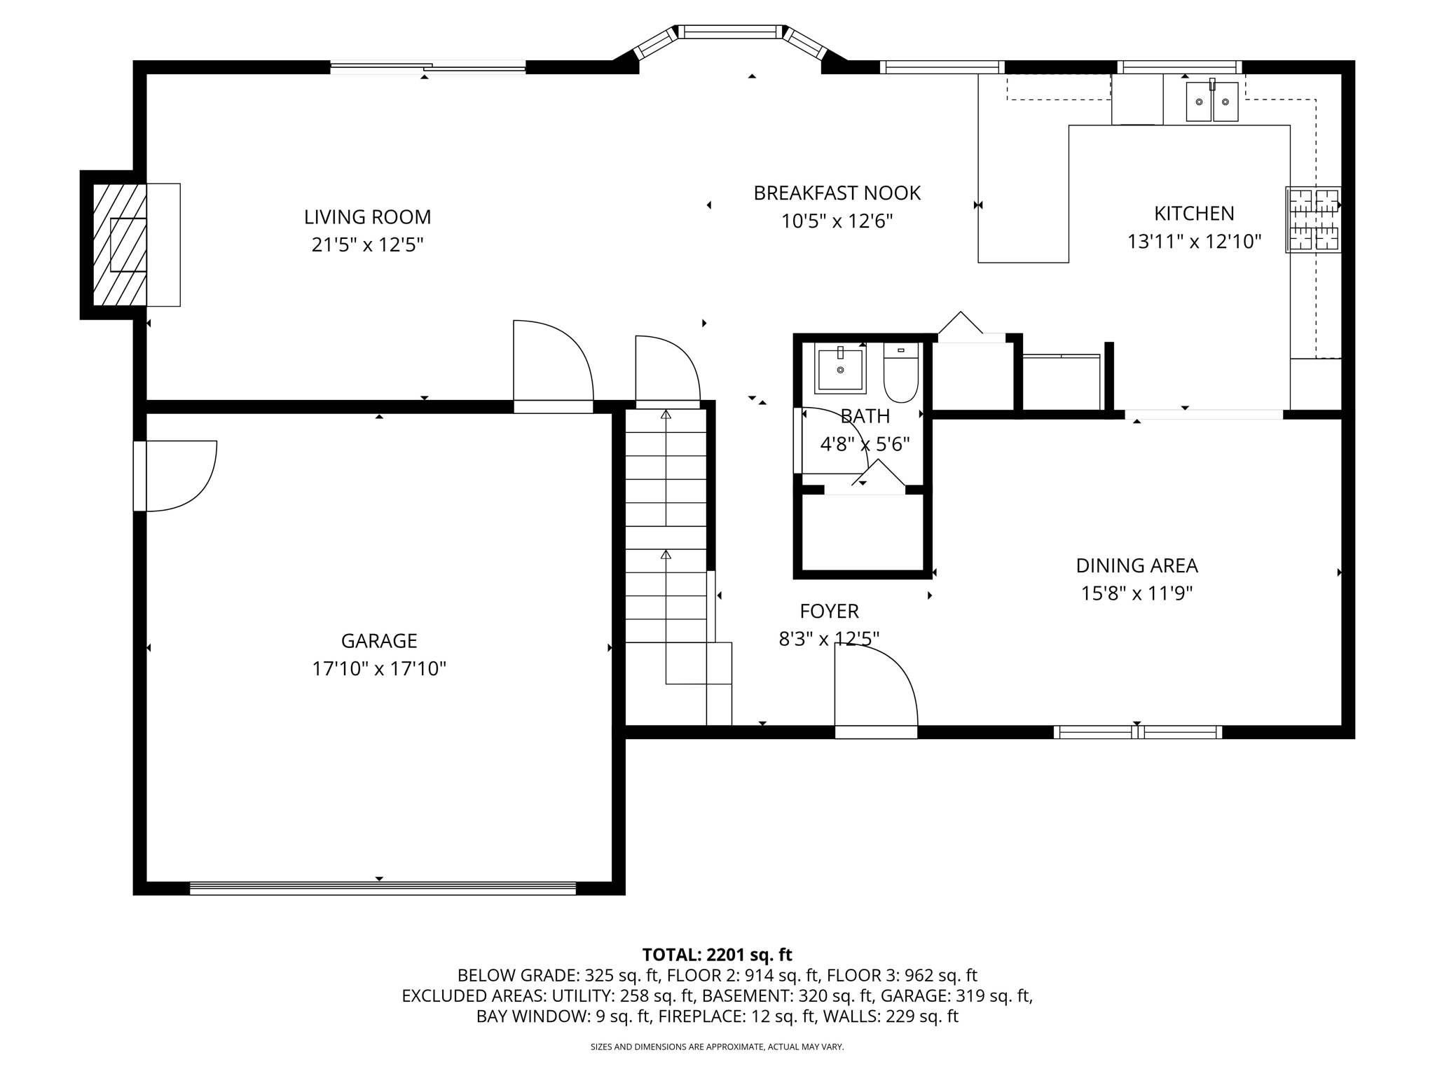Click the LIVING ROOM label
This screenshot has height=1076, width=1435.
(367, 217)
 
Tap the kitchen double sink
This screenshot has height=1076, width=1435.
(1211, 102)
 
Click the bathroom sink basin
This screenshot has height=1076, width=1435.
(840, 368)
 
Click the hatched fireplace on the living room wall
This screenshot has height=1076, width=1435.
(120, 244)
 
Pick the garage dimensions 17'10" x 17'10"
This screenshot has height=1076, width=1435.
(378, 669)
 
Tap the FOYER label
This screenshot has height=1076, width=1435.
(829, 612)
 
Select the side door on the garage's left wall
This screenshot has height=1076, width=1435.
(175, 476)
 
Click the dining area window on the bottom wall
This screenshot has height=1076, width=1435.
(1137, 732)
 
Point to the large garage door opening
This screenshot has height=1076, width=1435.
(383, 888)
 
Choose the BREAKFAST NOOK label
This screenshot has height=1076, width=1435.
(837, 193)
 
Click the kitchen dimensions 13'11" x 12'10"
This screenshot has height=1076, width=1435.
(1194, 242)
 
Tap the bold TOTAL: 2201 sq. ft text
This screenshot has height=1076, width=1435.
(717, 955)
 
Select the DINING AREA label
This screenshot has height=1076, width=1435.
(1137, 565)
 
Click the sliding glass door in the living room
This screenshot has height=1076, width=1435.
(427, 67)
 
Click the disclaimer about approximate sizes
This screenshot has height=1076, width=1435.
(717, 1047)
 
